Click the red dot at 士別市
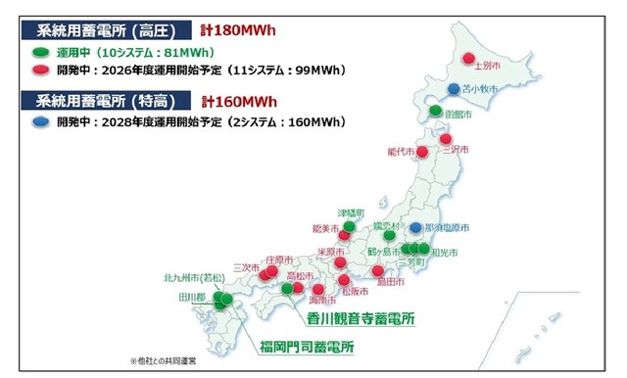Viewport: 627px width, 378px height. coord(469,57)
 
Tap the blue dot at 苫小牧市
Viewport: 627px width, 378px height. coord(453,89)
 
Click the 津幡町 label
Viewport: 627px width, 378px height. coord(351,213)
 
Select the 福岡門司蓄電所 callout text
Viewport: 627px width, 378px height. coord(307,348)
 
